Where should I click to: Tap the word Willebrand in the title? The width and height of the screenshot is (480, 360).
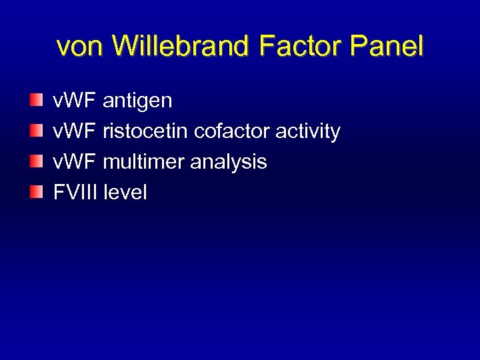coord(178,46)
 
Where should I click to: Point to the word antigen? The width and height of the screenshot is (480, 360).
coord(137,101)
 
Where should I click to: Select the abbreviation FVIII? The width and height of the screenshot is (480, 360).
coord(75,193)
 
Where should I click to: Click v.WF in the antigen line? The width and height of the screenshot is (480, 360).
coord(75,101)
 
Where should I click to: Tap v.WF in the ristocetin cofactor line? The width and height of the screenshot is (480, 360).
coord(75,131)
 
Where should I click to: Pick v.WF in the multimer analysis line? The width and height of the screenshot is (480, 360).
coord(75,162)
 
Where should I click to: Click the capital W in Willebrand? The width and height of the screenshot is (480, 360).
coord(127,46)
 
